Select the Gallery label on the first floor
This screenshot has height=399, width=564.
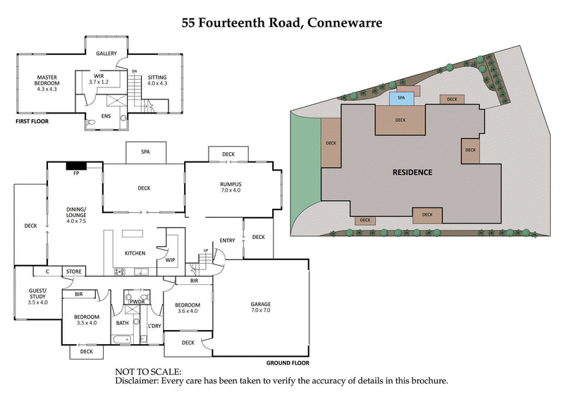click(106, 54)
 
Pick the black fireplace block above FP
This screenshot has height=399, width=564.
click(75, 166)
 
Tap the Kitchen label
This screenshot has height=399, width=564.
click(135, 253)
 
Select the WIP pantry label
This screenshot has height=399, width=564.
click(170, 260)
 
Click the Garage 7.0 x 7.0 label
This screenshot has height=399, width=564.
click(261, 307)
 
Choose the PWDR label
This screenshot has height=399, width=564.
click(137, 302)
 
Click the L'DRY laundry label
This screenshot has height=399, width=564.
click(155, 325)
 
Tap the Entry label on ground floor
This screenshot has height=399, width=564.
click(227, 240)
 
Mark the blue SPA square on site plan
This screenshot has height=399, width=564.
click(401, 99)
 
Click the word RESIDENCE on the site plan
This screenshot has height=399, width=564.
click(412, 172)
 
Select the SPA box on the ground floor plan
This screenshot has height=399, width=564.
click(146, 152)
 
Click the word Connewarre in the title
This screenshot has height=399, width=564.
click(344, 23)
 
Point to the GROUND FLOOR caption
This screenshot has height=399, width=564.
click(288, 364)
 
